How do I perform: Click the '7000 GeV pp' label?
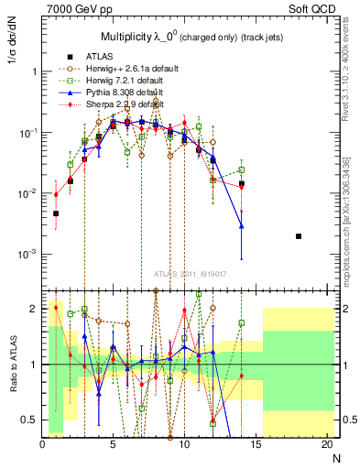tap(70, 8)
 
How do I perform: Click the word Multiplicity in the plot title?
tap(127, 36)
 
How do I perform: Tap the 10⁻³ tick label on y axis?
tap(26, 253)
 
